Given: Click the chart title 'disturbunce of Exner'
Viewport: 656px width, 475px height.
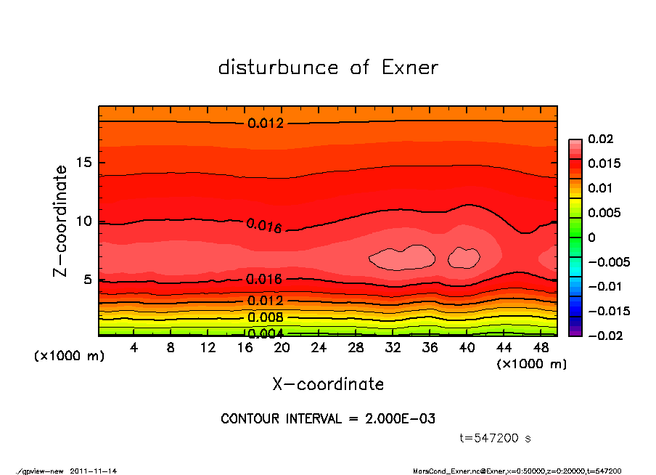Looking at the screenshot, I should pyautogui.click(x=328, y=68).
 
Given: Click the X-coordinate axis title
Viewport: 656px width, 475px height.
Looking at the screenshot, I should pyautogui.click(x=328, y=384).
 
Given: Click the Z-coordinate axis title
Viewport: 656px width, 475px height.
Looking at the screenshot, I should pyautogui.click(x=62, y=221).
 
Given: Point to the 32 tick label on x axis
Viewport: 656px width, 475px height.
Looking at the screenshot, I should pyautogui.click(x=393, y=348).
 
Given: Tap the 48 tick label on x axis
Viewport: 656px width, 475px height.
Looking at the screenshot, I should pyautogui.click(x=541, y=348).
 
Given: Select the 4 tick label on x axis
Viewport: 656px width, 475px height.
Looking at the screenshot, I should pyautogui.click(x=134, y=348).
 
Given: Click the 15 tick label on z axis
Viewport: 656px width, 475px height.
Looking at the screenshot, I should pyautogui.click(x=83, y=163).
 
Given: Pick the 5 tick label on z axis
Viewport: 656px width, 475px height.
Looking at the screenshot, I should pyautogui.click(x=88, y=280).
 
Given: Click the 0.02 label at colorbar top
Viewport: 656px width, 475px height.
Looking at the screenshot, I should pyautogui.click(x=600, y=139).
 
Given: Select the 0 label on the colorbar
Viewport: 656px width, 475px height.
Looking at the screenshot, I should pyautogui.click(x=591, y=238).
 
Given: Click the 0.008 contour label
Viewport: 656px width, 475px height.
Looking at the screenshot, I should pyautogui.click(x=265, y=317).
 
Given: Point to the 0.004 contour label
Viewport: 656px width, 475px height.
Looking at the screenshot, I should pyautogui.click(x=265, y=333).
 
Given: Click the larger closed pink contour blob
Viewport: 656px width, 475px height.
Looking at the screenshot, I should pyautogui.click(x=402, y=257).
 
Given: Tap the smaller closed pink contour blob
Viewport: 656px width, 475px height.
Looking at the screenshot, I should pyautogui.click(x=464, y=256).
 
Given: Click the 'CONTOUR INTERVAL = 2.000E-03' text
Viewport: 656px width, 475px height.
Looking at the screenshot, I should pyautogui.click(x=328, y=419).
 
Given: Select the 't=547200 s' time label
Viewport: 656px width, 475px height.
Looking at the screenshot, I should pyautogui.click(x=496, y=439).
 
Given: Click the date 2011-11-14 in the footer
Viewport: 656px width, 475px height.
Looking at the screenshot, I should pyautogui.click(x=94, y=471).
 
